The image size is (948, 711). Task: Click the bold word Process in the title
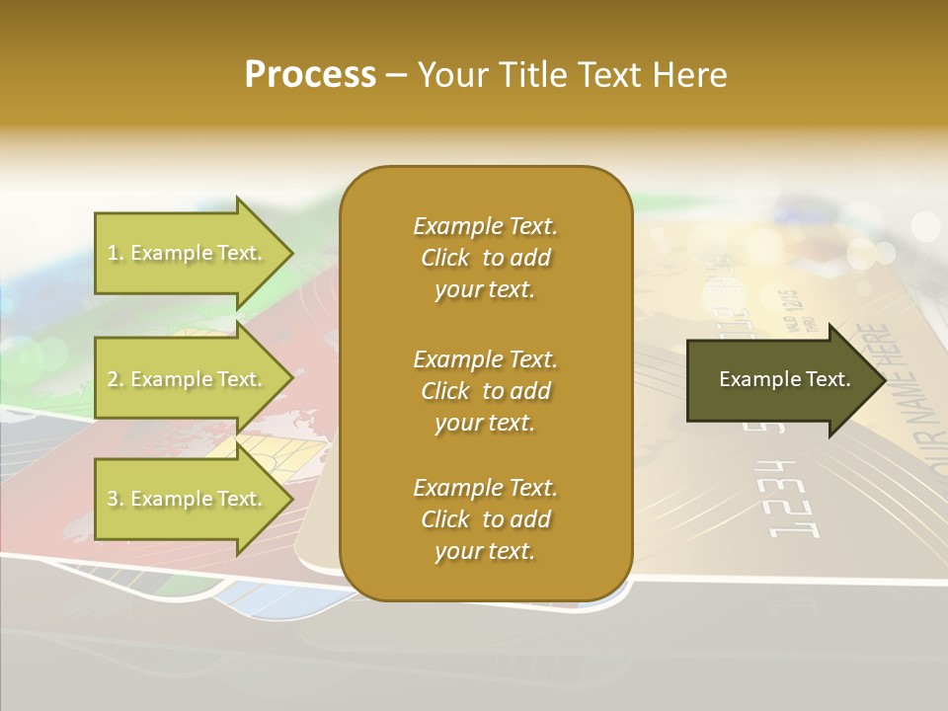[310, 75]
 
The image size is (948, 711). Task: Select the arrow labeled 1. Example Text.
[188, 253]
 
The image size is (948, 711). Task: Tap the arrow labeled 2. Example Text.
[188, 379]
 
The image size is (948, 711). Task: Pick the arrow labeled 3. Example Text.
[188, 499]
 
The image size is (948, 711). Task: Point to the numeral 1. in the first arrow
[116, 253]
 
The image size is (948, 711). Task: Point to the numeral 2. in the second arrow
[116, 379]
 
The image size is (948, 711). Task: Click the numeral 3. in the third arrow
[116, 499]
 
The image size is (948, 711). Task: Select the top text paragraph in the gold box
[485, 258]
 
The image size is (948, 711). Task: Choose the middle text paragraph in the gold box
[485, 390]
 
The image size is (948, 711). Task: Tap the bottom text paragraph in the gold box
[485, 519]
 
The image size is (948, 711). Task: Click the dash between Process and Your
[396, 75]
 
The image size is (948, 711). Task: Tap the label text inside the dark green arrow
[785, 379]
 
